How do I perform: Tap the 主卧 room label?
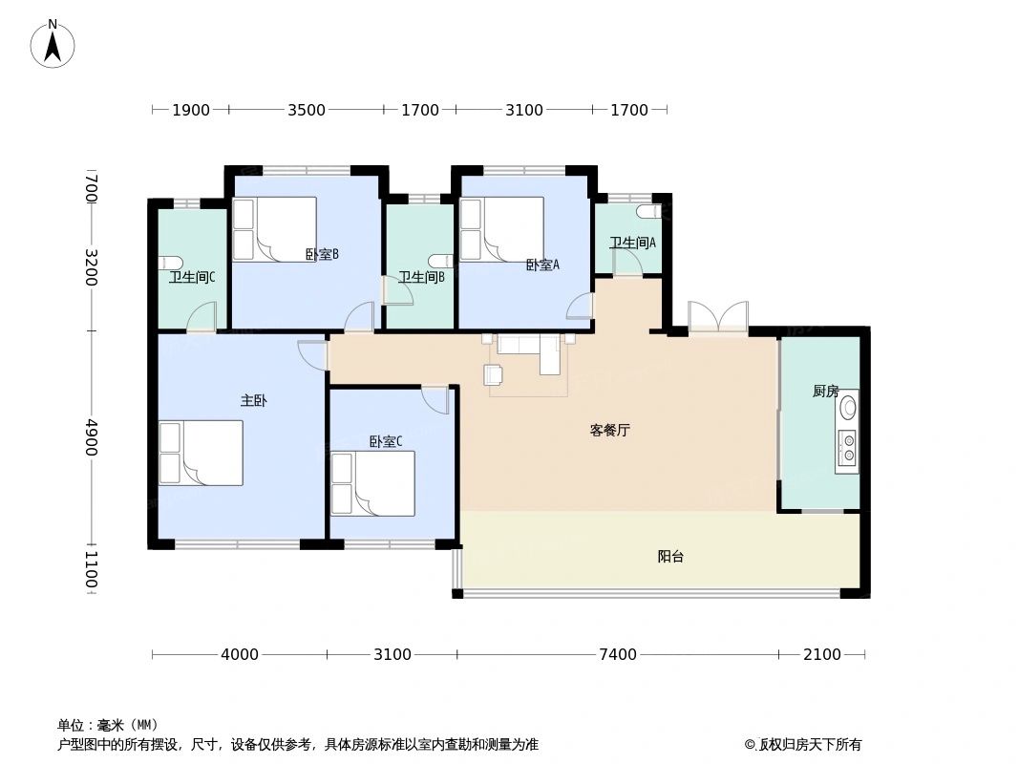pos(253,401)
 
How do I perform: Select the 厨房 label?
pos(825,391)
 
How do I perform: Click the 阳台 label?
pos(670,556)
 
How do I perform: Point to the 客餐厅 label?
pos(609,430)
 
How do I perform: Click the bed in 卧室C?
pos(372,483)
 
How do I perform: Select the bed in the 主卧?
pos(201,453)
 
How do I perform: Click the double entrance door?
pos(717,318)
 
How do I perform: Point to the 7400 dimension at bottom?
pos(617,654)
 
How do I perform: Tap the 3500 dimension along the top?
pos(307,110)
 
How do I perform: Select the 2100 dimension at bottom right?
pos(821,654)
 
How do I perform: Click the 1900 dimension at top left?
pos(191,110)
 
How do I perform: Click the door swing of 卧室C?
pos(435,400)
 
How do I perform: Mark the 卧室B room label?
pos(322,254)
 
